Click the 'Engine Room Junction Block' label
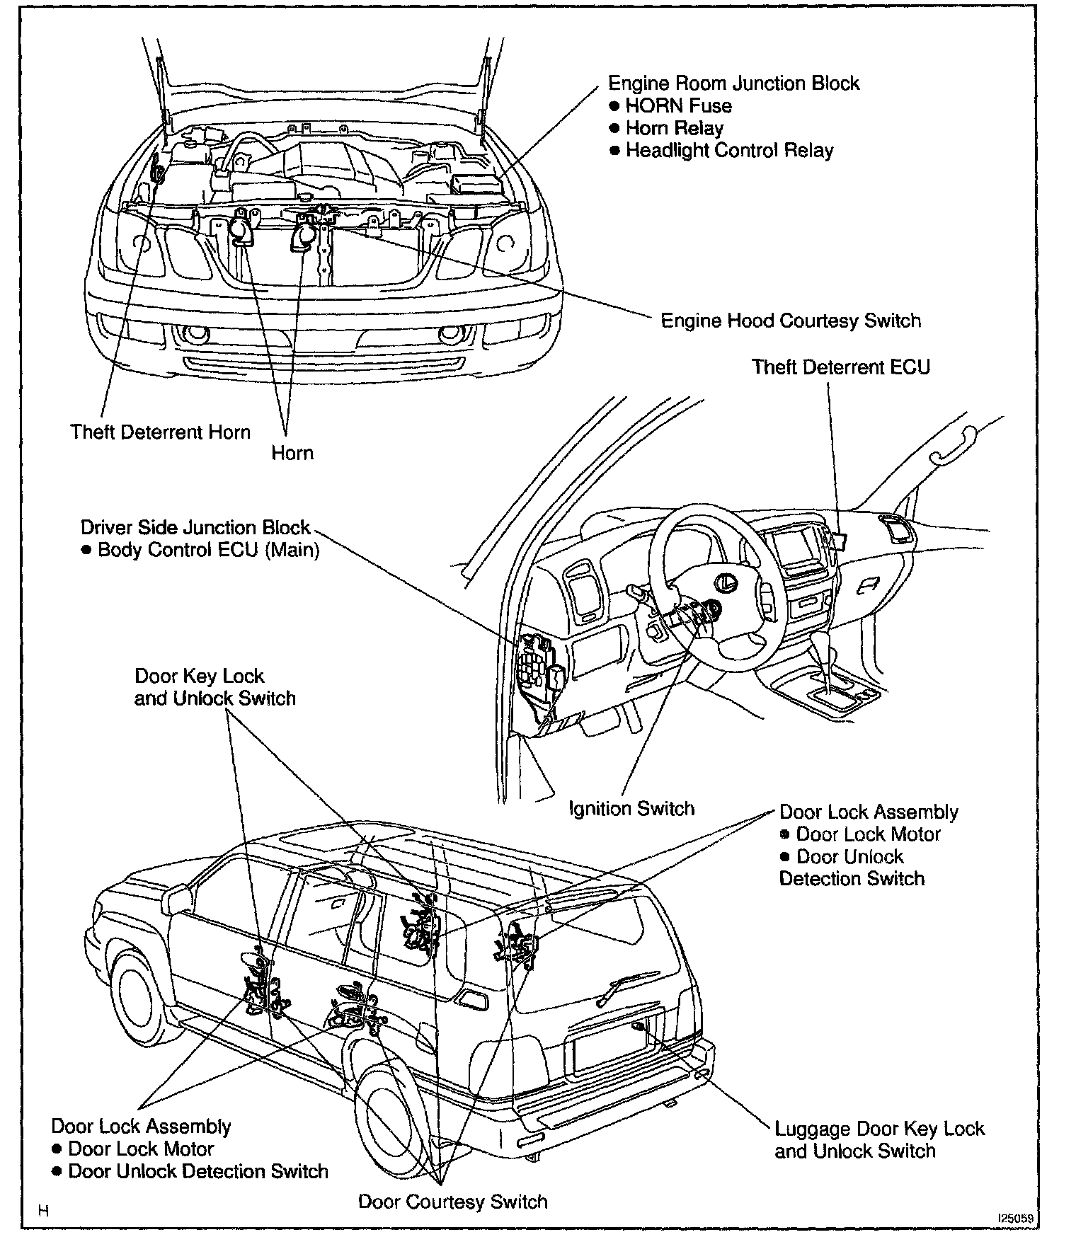tap(733, 84)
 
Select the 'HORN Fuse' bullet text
tap(678, 106)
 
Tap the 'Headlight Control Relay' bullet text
tap(729, 151)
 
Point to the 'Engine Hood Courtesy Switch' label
tap(791, 321)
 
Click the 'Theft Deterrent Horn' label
tap(160, 432)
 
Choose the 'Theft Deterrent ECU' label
tap(840, 367)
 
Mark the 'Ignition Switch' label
tap(631, 809)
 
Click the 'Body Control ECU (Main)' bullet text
tap(208, 550)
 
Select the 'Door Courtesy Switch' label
tap(453, 1202)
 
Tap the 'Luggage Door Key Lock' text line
tap(879, 1129)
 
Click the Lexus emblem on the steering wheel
tap(723, 582)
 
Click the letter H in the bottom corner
tap(44, 1211)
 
